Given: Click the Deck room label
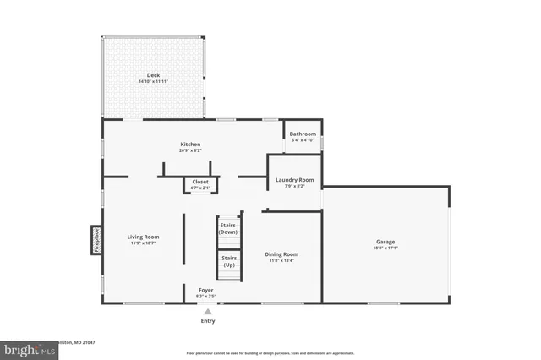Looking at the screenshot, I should click(153, 76).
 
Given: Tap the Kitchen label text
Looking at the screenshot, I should click(190, 145).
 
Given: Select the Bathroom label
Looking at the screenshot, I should click(303, 134).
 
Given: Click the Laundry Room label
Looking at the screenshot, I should click(295, 179).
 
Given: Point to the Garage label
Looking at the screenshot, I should click(385, 242).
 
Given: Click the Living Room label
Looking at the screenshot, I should click(143, 237).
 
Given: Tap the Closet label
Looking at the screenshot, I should click(200, 182).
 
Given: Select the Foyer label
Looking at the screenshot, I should click(205, 290).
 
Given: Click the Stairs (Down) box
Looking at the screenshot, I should click(228, 228).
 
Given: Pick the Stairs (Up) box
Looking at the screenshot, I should click(228, 262).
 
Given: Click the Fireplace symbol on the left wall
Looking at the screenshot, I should click(96, 239).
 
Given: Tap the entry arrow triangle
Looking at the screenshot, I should click(208, 311).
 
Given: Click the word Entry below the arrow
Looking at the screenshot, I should click(208, 321).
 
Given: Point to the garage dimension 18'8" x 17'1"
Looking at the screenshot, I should click(385, 248).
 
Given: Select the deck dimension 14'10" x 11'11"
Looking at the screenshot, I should click(153, 82).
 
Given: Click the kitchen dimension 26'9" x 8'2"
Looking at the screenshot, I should click(190, 151).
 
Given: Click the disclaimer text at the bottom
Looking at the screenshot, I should click(270, 353).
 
